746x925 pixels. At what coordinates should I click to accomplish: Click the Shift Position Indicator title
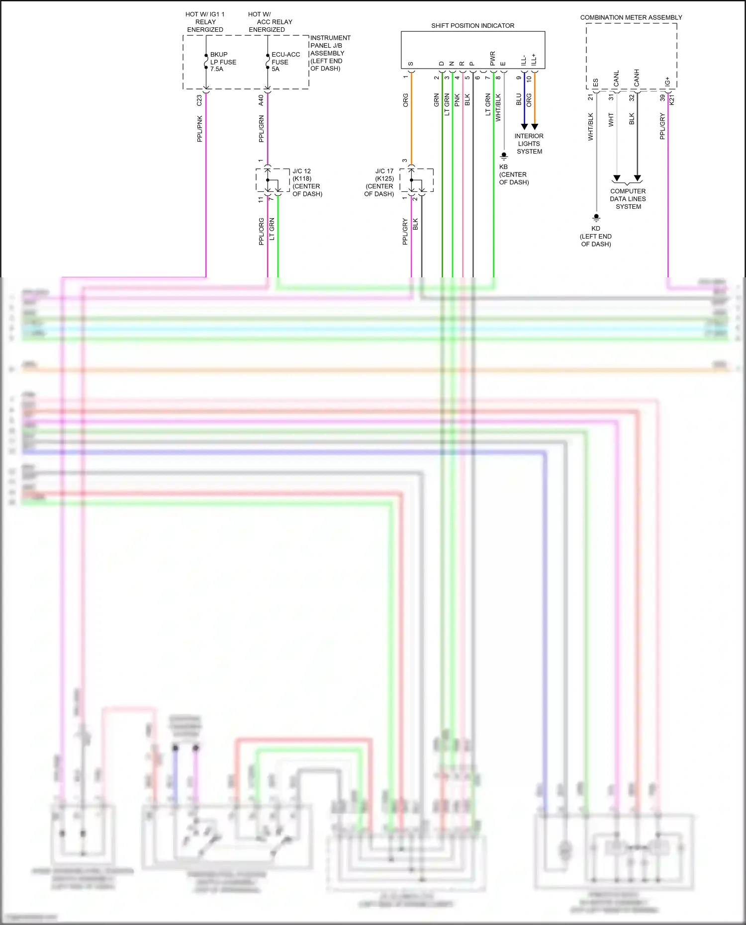click(472, 26)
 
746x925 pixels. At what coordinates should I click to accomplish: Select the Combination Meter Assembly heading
click(631, 17)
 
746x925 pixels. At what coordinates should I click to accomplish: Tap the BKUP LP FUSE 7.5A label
click(223, 62)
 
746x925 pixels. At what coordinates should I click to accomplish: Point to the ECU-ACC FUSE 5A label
click(285, 62)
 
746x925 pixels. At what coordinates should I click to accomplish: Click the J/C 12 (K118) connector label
click(307, 182)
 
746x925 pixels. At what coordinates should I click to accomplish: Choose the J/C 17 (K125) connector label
click(379, 182)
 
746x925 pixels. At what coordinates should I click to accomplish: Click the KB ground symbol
click(504, 156)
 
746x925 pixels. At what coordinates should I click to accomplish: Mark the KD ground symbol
click(596, 218)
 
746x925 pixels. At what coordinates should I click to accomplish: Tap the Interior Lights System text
click(529, 144)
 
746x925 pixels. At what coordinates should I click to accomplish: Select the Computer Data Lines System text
click(628, 199)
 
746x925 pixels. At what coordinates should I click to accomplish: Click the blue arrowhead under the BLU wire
click(524, 127)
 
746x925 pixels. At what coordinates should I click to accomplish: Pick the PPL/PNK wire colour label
click(200, 129)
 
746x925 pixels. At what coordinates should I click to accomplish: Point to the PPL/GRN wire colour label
click(262, 129)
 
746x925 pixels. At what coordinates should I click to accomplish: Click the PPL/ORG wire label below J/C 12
click(262, 231)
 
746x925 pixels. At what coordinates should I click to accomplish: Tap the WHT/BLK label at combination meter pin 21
click(591, 126)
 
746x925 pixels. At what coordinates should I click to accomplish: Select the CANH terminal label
click(637, 78)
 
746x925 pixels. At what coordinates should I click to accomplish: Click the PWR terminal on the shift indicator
click(493, 59)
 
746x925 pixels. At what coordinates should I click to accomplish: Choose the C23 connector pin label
click(200, 100)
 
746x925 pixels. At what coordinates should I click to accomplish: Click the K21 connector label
click(672, 100)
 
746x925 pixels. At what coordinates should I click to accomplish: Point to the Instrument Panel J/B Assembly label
click(330, 53)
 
